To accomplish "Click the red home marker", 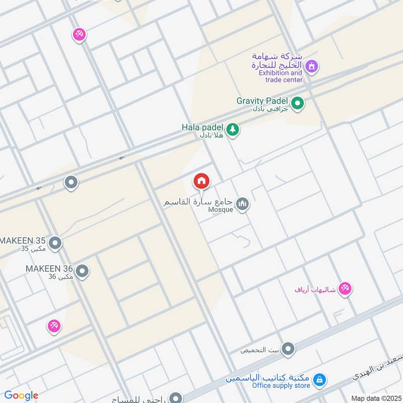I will point(201,181).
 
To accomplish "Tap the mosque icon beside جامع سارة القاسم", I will point(243,204).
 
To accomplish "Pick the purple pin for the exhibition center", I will point(312,66).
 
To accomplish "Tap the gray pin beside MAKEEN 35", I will point(55,244).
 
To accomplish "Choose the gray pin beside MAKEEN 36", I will point(82,272).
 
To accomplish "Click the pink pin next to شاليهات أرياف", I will point(345,289).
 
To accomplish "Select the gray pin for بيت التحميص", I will point(288,349).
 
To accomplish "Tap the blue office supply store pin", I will point(318,380).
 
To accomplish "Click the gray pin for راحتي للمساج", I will point(175,398).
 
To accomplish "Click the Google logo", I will point(21,395).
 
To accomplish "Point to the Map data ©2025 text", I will point(375,398).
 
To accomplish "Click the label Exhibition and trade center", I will point(281,76).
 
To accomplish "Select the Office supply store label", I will point(281,386).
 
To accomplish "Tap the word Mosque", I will point(221,210).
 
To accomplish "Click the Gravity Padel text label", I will point(262,101).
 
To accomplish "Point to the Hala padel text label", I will point(202,127).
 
